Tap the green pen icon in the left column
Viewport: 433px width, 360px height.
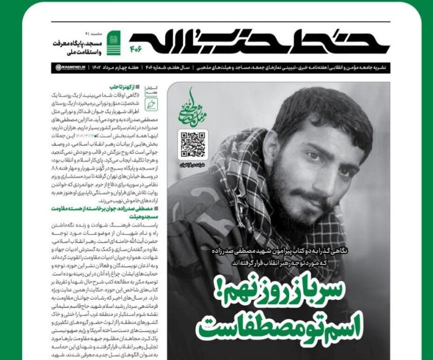point(151,105)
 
